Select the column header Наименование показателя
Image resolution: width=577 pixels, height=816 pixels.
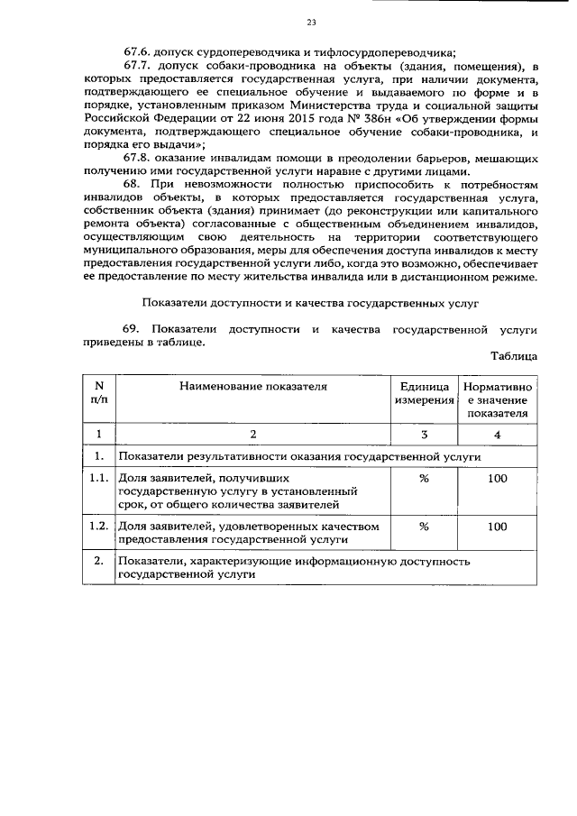pyautogui.click(x=252, y=387)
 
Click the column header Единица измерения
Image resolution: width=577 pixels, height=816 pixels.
pyautogui.click(x=424, y=393)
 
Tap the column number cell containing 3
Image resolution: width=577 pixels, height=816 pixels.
pyautogui.click(x=424, y=434)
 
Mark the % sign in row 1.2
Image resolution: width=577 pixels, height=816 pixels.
pyautogui.click(x=424, y=527)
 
